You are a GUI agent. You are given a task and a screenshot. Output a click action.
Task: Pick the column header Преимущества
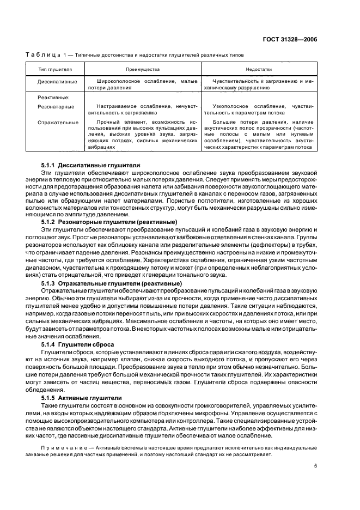[x=143, y=69]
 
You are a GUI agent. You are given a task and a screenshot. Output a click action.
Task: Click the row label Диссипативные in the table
[x=57, y=81]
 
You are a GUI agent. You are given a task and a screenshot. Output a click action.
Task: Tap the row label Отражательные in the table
[x=58, y=122]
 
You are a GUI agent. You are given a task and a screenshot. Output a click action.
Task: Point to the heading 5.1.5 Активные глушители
[x=81, y=398]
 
